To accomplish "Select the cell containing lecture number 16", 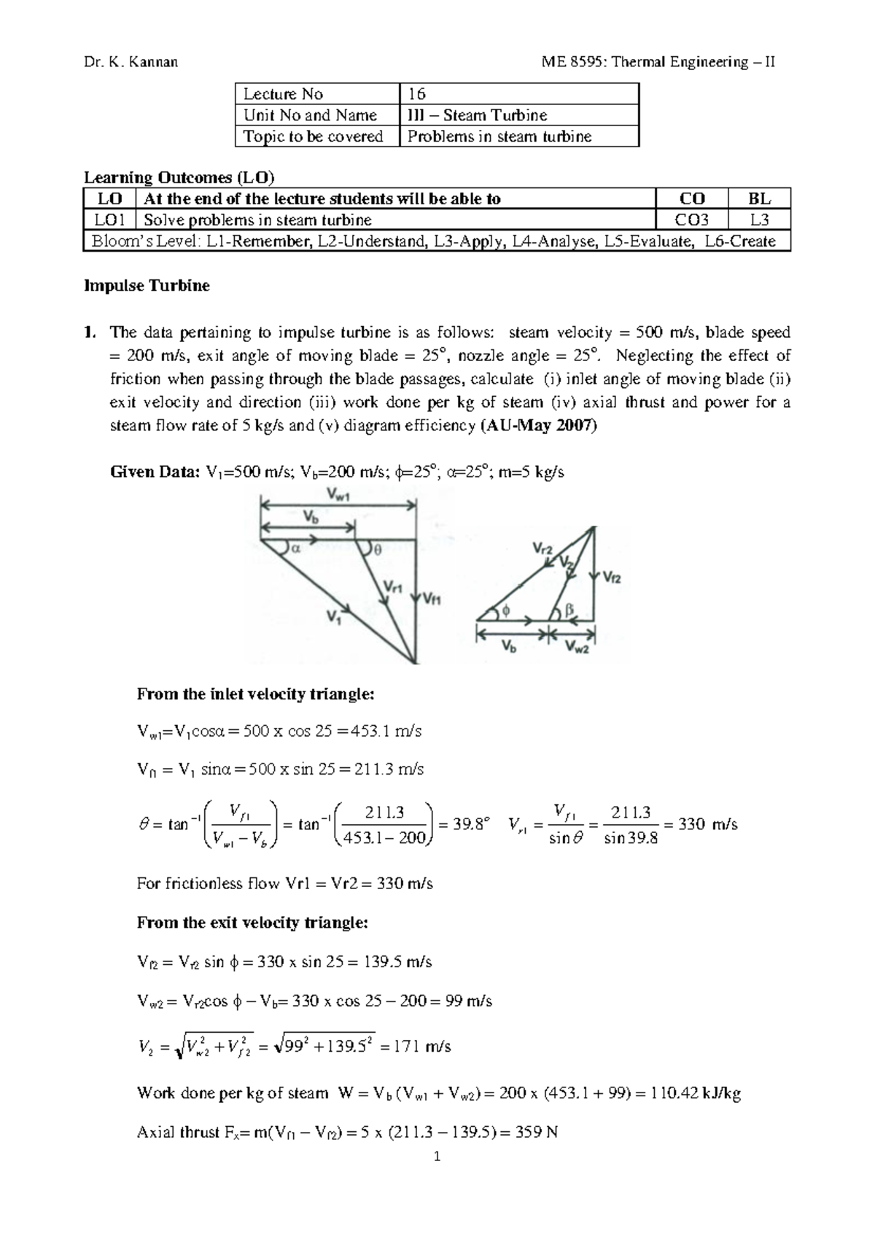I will pyautogui.click(x=417, y=94).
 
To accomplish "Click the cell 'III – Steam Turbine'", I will pyautogui.click(x=477, y=115).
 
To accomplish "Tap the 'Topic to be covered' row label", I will pyautogui.click(x=314, y=136).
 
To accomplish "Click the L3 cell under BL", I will pyautogui.click(x=759, y=220).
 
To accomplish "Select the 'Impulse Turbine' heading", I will pyautogui.click(x=147, y=286).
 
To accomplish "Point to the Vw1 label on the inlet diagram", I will pyautogui.click(x=338, y=495).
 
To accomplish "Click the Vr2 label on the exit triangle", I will pyautogui.click(x=542, y=548).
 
